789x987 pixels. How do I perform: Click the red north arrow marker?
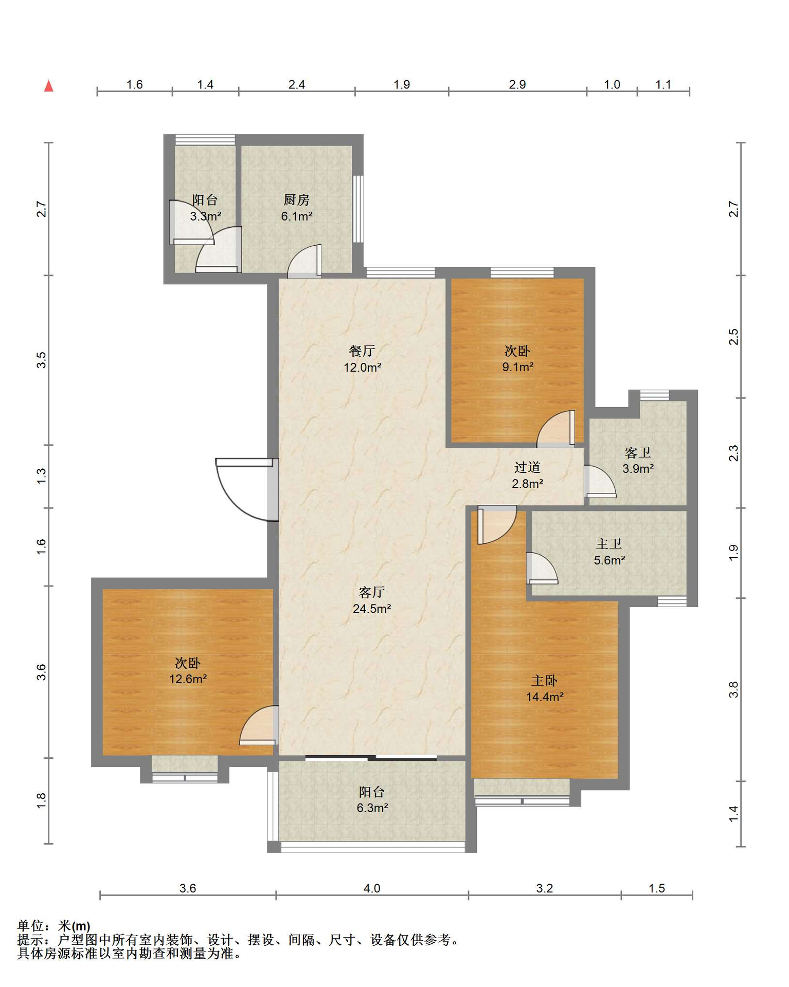(49, 86)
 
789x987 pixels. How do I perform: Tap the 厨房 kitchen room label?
(296, 200)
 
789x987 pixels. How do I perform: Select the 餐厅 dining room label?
(362, 351)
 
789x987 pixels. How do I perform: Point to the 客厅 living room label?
(371, 593)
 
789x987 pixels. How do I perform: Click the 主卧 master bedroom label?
(544, 681)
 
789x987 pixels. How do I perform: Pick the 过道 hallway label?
(527, 467)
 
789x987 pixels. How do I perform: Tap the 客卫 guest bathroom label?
(638, 453)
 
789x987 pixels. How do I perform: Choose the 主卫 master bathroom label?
(609, 544)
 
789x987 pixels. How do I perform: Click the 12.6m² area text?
(188, 679)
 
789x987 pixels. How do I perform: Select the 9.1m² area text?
(517, 367)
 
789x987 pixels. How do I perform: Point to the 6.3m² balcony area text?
(372, 808)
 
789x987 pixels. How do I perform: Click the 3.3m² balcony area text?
(205, 216)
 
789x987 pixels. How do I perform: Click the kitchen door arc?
(304, 261)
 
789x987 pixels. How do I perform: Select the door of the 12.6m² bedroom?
(259, 725)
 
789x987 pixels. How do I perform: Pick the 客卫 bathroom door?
(600, 481)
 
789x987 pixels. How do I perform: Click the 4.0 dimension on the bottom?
(372, 888)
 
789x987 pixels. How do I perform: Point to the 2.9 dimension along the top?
(517, 84)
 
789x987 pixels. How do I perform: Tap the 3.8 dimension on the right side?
(733, 689)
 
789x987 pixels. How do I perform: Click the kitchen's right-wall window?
(358, 209)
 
